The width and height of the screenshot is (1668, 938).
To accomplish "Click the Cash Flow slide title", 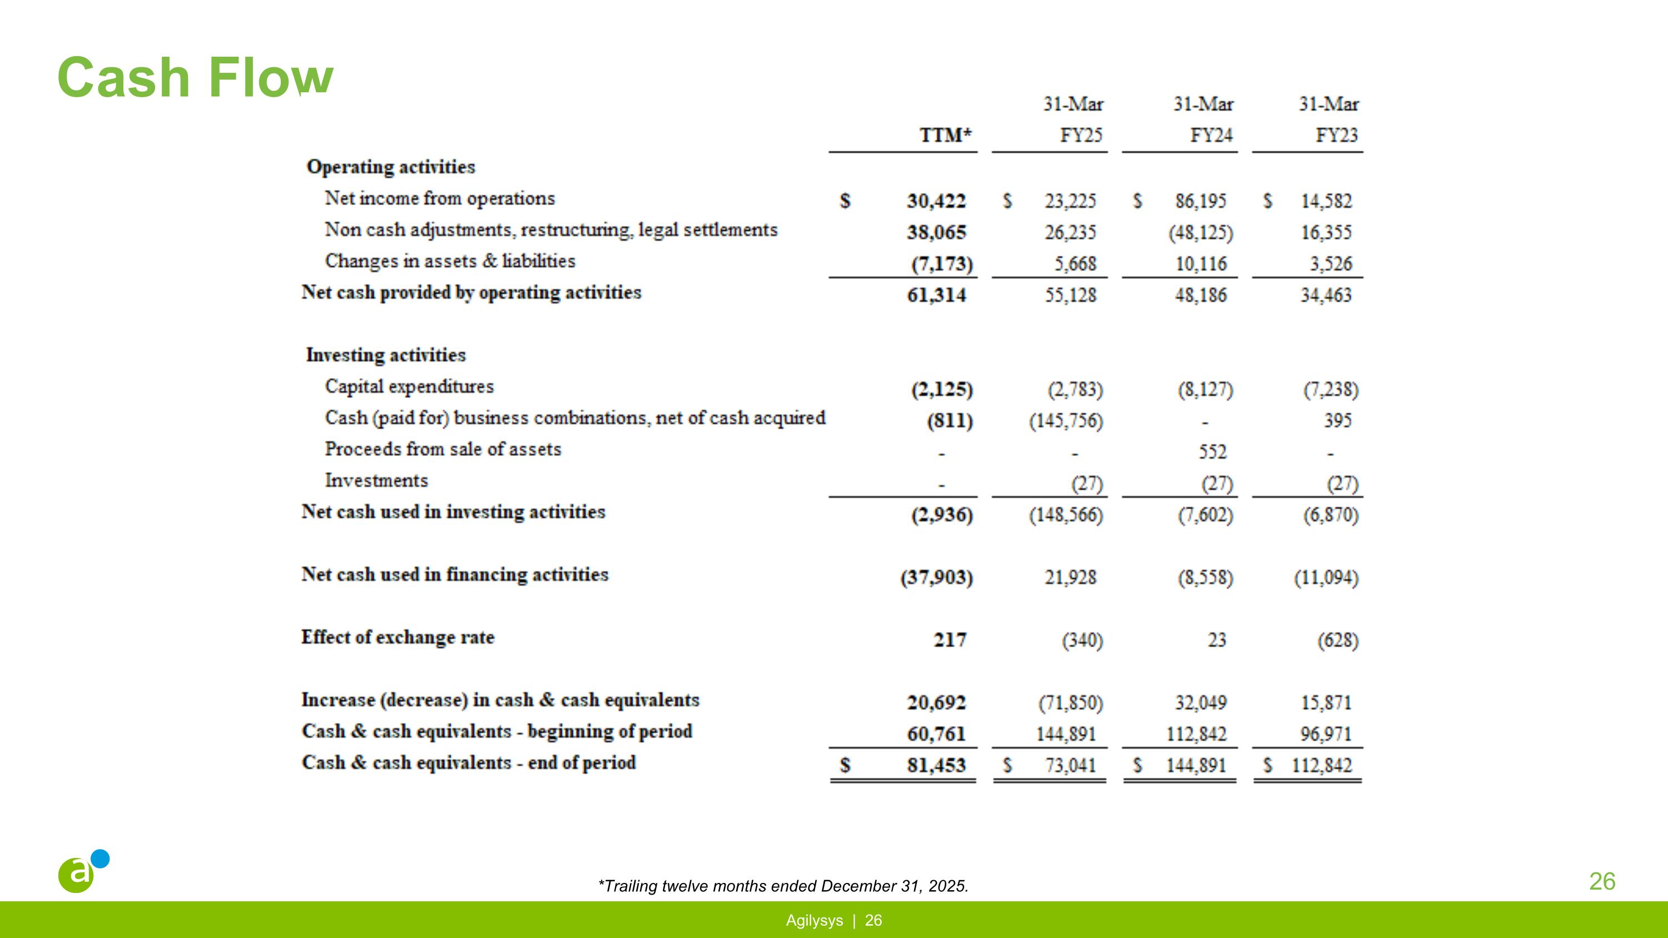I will click(x=195, y=78).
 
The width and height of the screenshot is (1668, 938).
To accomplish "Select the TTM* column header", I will click(x=945, y=135).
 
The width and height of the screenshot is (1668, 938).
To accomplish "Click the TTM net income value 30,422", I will click(x=936, y=201).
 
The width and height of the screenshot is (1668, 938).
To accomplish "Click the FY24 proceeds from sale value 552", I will click(x=1212, y=452).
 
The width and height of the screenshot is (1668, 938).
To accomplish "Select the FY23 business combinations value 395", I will click(x=1337, y=421).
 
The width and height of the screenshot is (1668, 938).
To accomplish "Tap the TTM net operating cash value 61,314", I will click(x=936, y=295).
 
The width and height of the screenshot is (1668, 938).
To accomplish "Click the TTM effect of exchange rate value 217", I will click(x=949, y=640).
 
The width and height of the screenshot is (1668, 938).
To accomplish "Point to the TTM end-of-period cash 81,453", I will click(x=936, y=766).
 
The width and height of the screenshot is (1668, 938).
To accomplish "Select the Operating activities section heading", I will click(x=390, y=167).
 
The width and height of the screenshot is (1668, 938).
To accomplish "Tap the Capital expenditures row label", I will click(x=409, y=386).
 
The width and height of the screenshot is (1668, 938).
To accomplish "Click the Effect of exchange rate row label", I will click(x=398, y=638).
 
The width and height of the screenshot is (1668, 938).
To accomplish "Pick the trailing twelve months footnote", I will click(x=783, y=886).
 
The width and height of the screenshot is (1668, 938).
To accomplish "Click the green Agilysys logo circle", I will click(x=76, y=875).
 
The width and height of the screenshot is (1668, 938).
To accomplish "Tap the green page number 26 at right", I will click(x=1602, y=882).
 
